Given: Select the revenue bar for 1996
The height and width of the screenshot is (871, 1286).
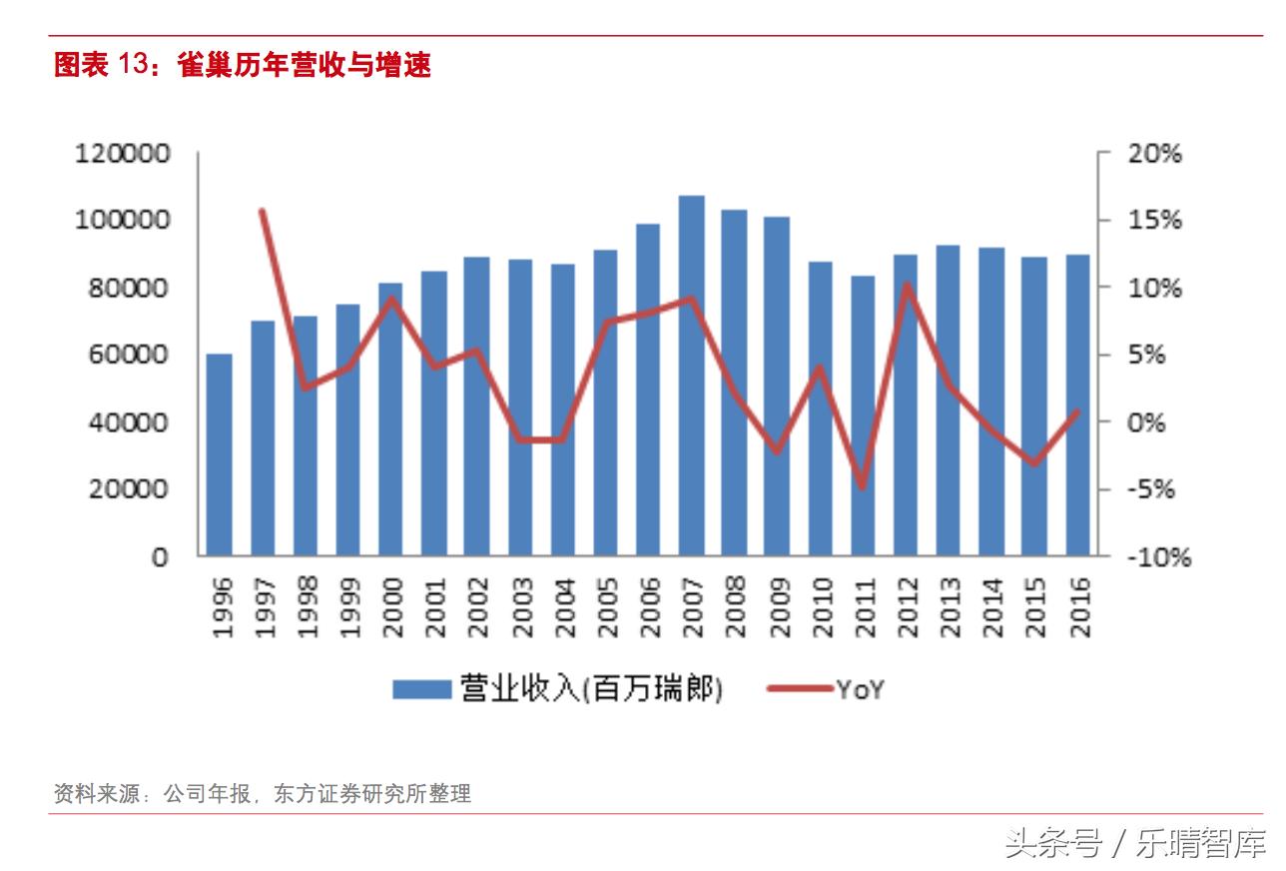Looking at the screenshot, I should click(219, 454).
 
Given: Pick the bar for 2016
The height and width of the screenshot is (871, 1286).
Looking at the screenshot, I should click(1078, 405).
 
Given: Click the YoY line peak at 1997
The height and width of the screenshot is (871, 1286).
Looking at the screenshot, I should click(262, 211).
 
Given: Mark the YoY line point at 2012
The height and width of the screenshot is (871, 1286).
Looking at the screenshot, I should click(907, 286).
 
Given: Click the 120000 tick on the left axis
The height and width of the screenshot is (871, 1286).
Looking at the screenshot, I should click(123, 154).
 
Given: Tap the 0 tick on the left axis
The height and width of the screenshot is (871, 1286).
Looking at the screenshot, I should click(159, 556).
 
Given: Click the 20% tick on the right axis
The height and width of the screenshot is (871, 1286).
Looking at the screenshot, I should click(1154, 154).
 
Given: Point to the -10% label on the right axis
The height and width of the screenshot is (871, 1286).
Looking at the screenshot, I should click(1159, 556).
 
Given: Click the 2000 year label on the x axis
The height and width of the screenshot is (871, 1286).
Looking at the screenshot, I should click(391, 606).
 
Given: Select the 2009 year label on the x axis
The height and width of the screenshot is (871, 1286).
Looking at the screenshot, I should click(778, 606).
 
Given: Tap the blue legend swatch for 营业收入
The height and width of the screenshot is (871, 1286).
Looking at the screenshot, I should click(422, 689).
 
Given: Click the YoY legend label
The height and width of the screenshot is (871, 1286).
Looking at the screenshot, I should click(860, 689).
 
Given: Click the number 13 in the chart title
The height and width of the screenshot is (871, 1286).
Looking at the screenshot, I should click(134, 66).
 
